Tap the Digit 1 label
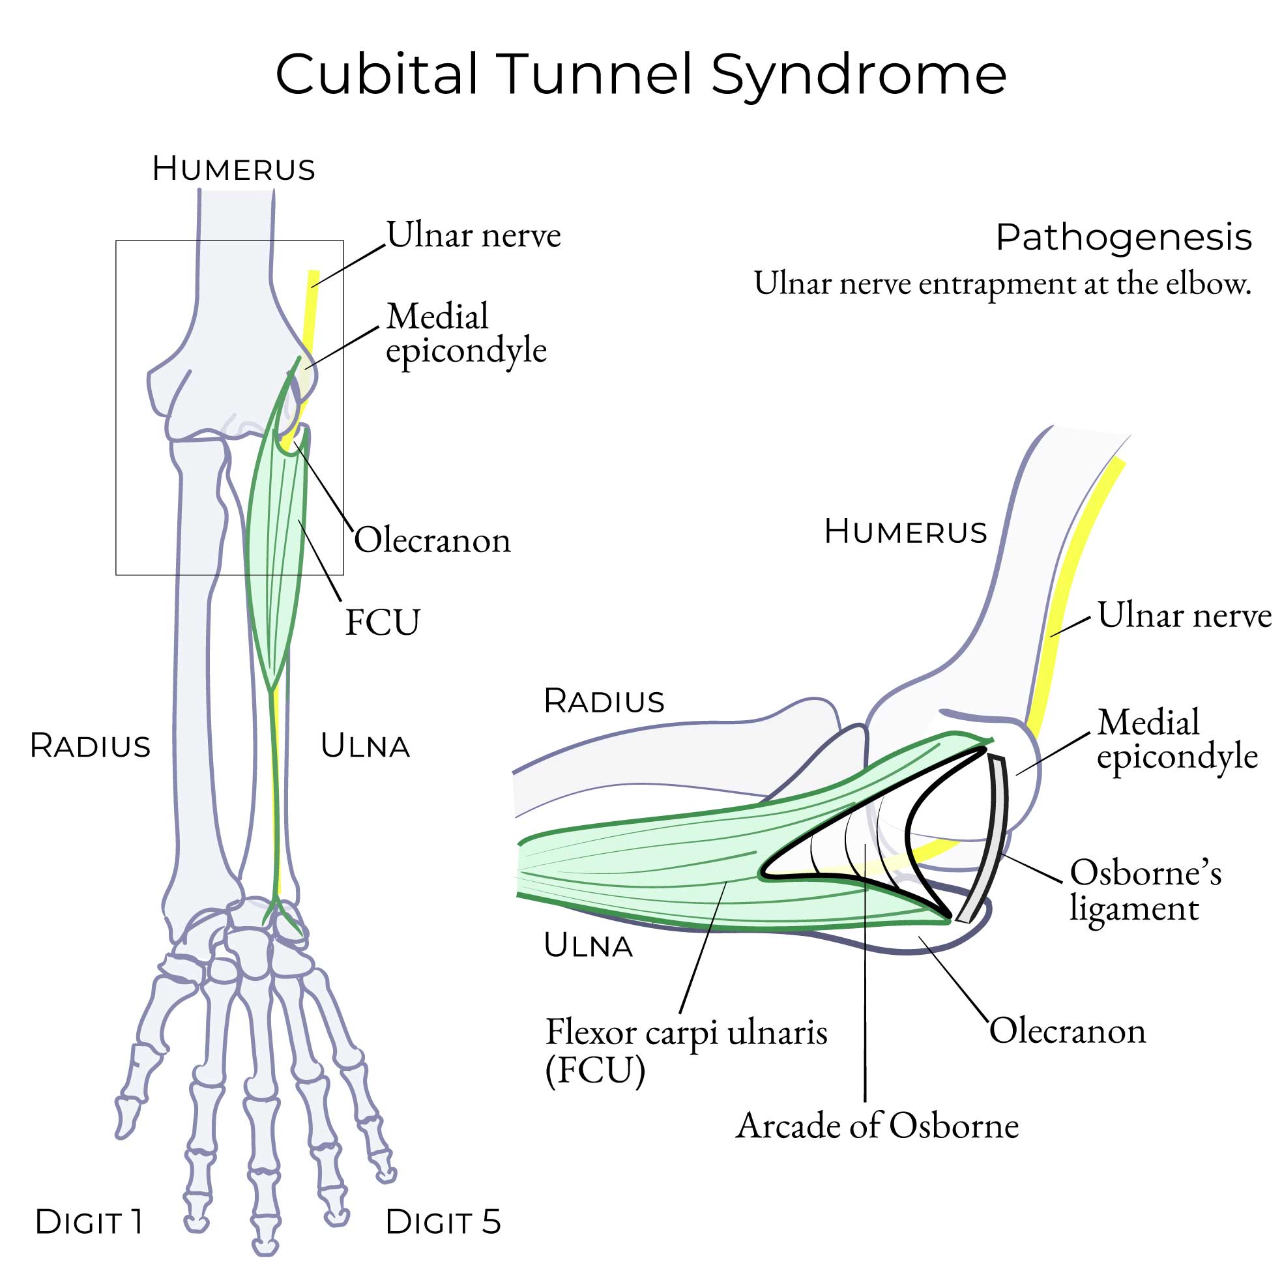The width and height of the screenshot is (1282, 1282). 89,1221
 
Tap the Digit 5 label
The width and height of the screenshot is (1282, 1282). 443,1221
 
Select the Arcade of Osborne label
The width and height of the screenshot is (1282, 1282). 877,1126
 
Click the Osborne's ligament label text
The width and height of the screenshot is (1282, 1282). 1144,890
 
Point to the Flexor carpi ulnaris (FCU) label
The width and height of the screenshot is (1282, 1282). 686,1051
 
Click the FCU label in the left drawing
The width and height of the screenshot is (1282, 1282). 382,622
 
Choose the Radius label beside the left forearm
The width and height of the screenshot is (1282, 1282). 90,746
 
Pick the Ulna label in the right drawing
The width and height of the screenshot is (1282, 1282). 588,946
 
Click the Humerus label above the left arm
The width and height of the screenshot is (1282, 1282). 233,169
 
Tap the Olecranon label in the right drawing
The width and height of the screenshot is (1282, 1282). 1067,1030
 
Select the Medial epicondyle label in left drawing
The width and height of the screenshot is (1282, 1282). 466,333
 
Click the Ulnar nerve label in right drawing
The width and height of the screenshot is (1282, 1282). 1184,615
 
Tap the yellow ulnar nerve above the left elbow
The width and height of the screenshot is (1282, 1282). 310,305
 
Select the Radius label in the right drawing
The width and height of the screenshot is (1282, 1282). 604,701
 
